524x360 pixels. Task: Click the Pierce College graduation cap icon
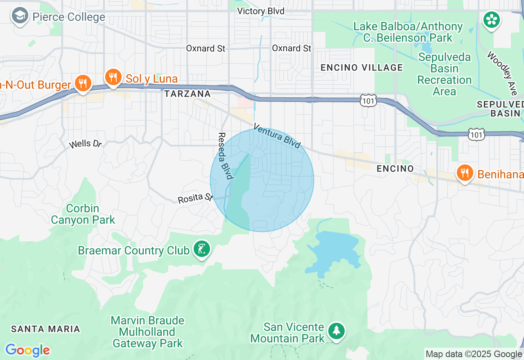pyautogui.click(x=19, y=17)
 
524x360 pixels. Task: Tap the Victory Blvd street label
pyautogui.click(x=261, y=11)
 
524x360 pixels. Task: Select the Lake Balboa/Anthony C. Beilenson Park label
pyautogui.click(x=408, y=32)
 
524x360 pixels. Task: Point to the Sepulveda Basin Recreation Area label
pyautogui.click(x=444, y=74)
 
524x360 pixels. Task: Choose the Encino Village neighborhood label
pyautogui.click(x=361, y=67)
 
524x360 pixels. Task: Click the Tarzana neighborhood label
pyautogui.click(x=187, y=94)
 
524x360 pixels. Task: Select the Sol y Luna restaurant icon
pyautogui.click(x=113, y=77)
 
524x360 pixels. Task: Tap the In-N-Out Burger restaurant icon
pyautogui.click(x=83, y=83)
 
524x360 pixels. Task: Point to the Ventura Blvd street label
pyautogui.click(x=277, y=136)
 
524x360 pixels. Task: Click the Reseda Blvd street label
pyautogui.click(x=225, y=156)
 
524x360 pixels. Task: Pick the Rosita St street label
pyautogui.click(x=195, y=198)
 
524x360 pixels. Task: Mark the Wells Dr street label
pyautogui.click(x=85, y=144)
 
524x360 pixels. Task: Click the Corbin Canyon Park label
pyautogui.click(x=83, y=214)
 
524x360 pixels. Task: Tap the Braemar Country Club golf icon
pyautogui.click(x=202, y=249)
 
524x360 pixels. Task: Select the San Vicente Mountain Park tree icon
pyautogui.click(x=336, y=330)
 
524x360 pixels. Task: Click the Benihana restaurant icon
pyautogui.click(x=465, y=173)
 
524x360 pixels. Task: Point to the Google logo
pyautogui.click(x=27, y=350)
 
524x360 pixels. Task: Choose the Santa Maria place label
pyautogui.click(x=45, y=328)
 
